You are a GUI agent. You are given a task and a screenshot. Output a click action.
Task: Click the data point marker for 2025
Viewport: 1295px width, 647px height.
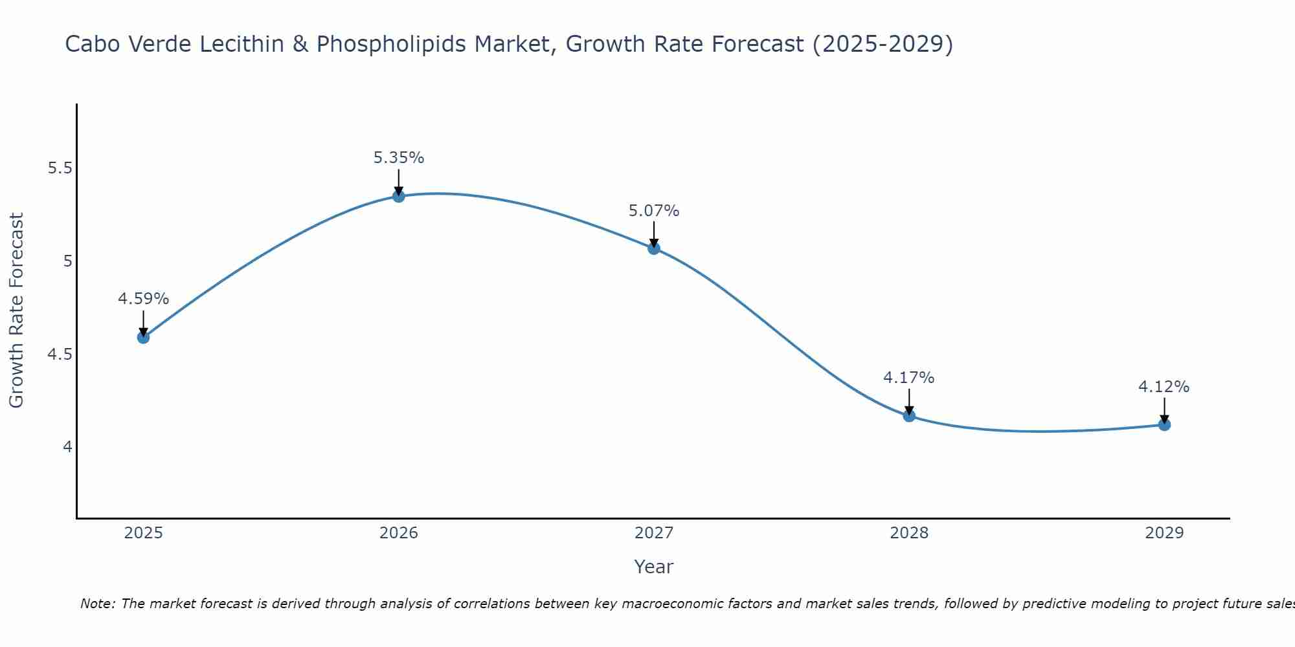[143, 337]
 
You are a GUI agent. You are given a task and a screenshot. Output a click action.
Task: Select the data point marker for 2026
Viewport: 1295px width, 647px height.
[399, 196]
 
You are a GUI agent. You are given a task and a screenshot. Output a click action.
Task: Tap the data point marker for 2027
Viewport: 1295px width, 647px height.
[654, 248]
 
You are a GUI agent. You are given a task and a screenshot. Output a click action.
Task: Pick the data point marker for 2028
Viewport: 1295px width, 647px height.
[909, 415]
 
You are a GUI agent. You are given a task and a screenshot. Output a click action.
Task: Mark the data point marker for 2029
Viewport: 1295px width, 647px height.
[1164, 424]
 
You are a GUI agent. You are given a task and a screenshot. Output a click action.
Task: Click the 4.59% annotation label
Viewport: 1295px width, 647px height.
[143, 299]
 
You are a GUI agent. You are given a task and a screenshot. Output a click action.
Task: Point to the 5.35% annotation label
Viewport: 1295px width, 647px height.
[399, 158]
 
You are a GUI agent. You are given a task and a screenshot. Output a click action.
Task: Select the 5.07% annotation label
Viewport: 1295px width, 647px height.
[654, 211]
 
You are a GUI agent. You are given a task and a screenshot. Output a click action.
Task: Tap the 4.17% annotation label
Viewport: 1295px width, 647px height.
[909, 378]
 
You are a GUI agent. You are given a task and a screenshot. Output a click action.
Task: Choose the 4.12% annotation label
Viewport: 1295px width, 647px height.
[1164, 387]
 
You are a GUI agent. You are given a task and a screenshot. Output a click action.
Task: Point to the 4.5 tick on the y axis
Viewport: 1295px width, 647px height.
[60, 355]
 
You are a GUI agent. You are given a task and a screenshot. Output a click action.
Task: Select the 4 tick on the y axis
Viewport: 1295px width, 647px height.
[67, 447]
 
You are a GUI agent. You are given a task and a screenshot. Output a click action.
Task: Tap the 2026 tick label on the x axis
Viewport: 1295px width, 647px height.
[399, 533]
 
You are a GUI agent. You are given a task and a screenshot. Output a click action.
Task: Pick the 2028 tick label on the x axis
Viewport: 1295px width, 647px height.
[909, 533]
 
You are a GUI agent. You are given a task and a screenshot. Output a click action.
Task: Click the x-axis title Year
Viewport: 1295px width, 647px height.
[654, 567]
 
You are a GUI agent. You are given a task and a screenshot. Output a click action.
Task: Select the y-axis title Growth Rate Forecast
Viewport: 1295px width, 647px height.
[17, 311]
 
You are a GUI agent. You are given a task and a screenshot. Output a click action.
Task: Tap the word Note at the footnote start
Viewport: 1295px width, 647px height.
[96, 604]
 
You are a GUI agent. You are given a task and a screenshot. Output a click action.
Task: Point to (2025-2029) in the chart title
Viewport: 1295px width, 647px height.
[883, 44]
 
